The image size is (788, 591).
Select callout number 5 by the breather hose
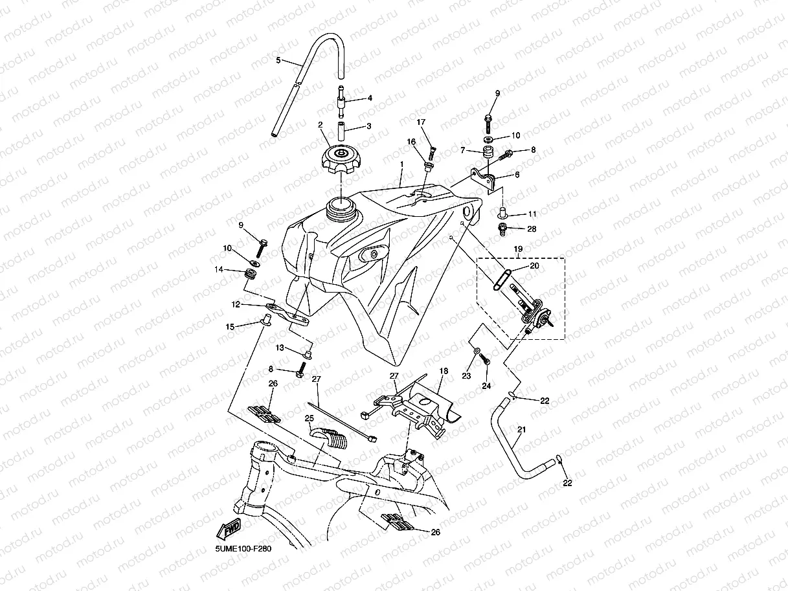click(x=278, y=60)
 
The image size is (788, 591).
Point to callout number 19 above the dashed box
click(x=518, y=249)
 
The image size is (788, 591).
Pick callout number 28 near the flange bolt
click(x=532, y=229)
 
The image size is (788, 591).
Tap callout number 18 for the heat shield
click(x=444, y=371)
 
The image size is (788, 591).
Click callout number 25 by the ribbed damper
click(x=310, y=418)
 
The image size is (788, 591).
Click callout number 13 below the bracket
click(x=280, y=348)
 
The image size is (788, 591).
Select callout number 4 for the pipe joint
click(x=370, y=98)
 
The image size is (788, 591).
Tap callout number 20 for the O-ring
click(x=534, y=265)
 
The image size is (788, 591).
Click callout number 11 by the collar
click(x=532, y=214)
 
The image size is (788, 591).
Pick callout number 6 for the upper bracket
click(x=516, y=175)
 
